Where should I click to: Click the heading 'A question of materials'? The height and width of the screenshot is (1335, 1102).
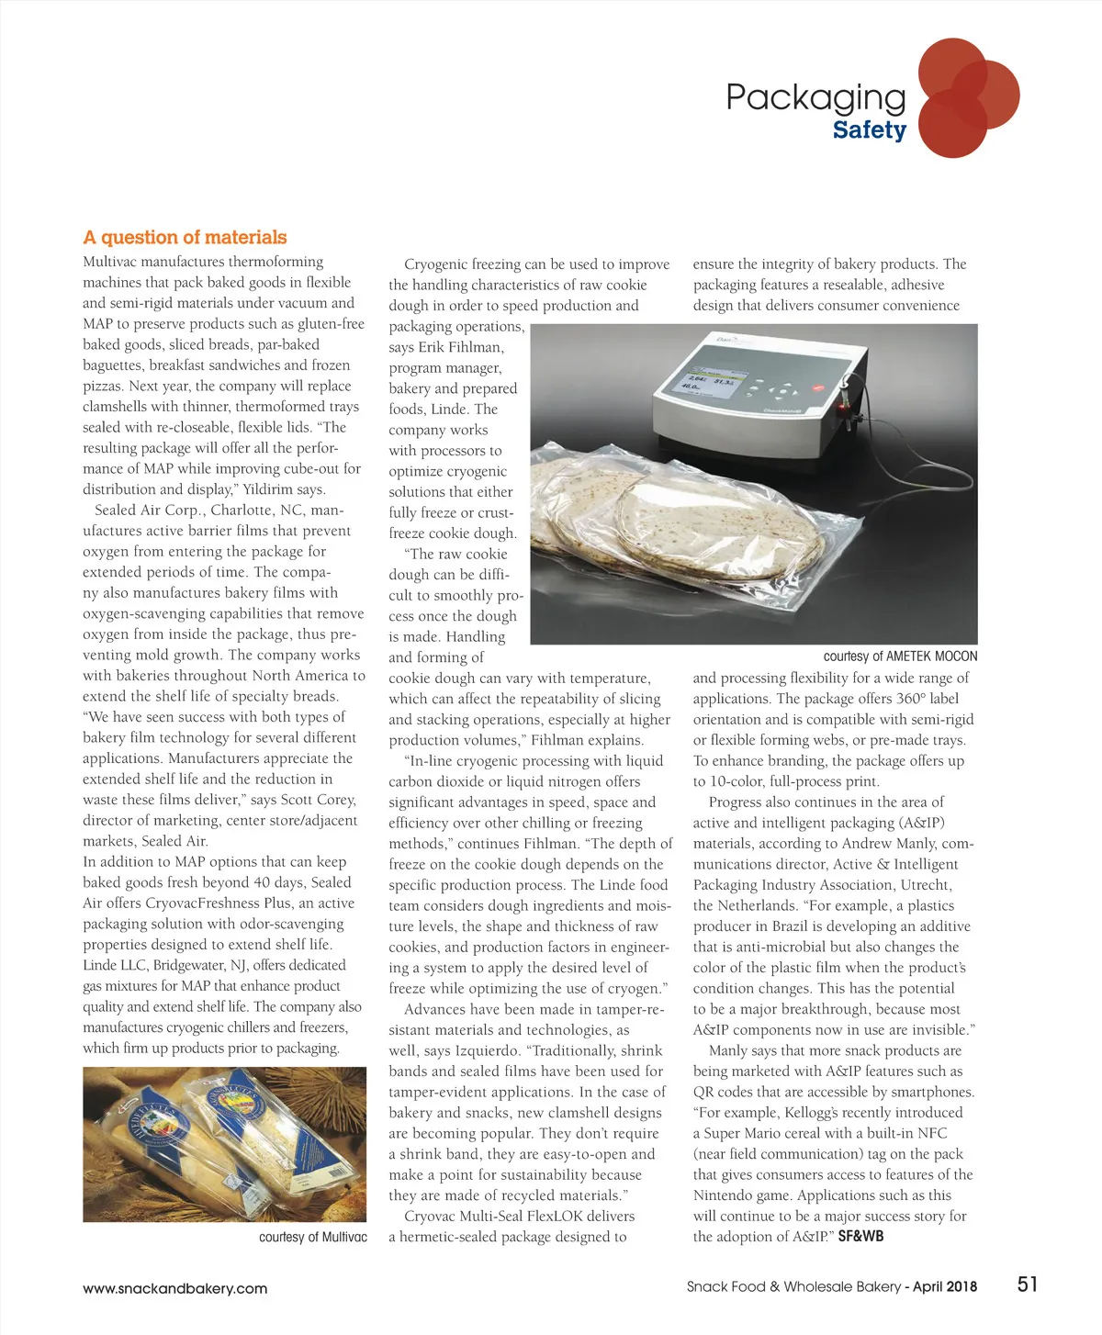click(185, 238)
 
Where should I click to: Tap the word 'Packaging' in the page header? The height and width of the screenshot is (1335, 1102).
click(815, 97)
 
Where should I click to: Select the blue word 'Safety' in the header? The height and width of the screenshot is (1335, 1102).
click(869, 130)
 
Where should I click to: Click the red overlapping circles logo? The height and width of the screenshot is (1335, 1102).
click(966, 97)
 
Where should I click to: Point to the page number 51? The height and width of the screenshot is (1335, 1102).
click(1027, 1285)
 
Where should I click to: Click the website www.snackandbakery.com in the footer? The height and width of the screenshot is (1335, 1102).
click(174, 1288)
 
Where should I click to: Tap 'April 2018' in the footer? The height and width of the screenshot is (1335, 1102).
click(945, 1286)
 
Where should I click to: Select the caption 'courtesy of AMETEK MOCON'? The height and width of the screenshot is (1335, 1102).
click(900, 656)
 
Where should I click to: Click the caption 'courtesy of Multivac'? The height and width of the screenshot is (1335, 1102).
click(312, 1237)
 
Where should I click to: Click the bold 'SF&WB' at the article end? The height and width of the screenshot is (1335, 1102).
click(860, 1237)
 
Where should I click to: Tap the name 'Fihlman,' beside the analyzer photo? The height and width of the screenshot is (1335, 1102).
click(475, 347)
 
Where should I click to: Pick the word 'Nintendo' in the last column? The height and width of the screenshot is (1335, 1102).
click(723, 1195)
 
